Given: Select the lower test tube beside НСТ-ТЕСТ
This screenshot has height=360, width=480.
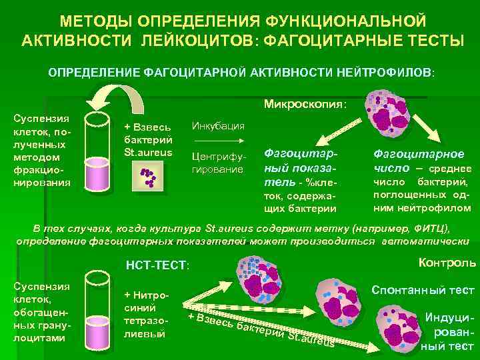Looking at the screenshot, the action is [100, 307].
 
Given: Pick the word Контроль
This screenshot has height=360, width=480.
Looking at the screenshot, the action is [446, 263].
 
